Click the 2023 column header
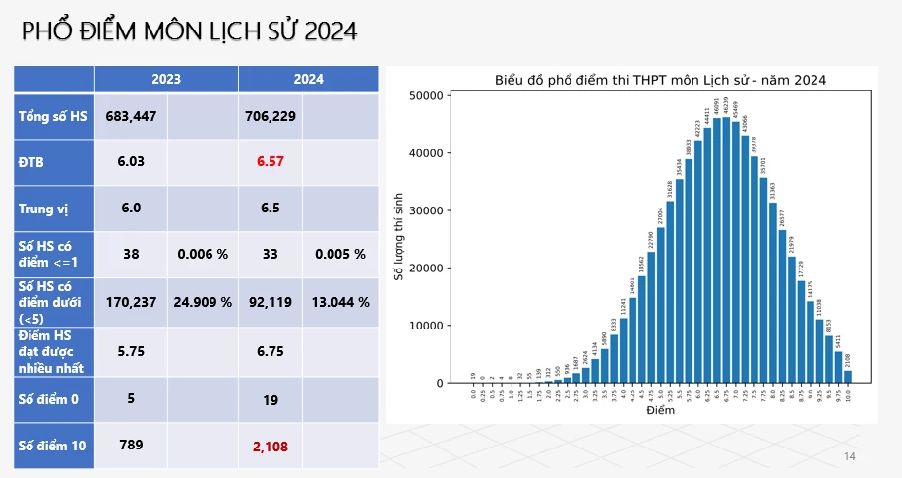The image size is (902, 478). click(165, 79)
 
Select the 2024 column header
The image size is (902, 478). click(308, 79)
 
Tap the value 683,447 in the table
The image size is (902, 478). click(131, 117)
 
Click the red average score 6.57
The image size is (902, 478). click(270, 161)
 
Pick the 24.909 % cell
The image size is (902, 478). click(203, 302)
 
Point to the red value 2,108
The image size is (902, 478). click(270, 447)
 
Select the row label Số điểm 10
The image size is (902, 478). click(52, 446)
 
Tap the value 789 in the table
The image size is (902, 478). click(131, 445)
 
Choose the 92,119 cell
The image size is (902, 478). click(270, 302)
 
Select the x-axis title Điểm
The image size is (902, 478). click(660, 410)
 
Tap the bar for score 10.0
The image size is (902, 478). click(847, 377)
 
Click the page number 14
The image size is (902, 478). click(850, 456)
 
